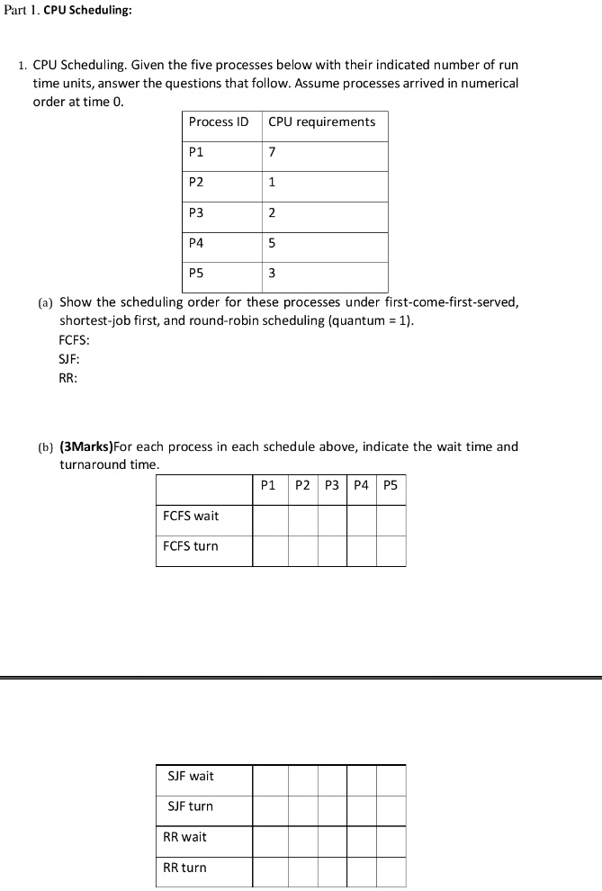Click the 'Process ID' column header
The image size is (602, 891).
(219, 121)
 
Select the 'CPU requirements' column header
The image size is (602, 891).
(321, 121)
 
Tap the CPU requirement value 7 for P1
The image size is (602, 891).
(273, 152)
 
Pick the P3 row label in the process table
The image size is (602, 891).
(197, 212)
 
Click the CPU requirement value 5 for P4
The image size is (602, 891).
(272, 243)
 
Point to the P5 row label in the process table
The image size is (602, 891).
(197, 274)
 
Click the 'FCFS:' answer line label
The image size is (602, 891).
(74, 341)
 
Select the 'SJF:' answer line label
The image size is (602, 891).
(68, 359)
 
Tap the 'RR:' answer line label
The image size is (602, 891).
(67, 378)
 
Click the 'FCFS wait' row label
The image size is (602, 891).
(191, 516)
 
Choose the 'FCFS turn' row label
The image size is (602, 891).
(191, 546)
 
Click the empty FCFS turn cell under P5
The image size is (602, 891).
(391, 550)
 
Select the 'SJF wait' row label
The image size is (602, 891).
(191, 776)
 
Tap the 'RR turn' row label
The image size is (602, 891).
(184, 868)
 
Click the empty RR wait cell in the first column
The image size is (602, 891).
(270, 841)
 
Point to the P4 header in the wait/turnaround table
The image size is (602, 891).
(361, 485)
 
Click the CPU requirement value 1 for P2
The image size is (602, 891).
(272, 183)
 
